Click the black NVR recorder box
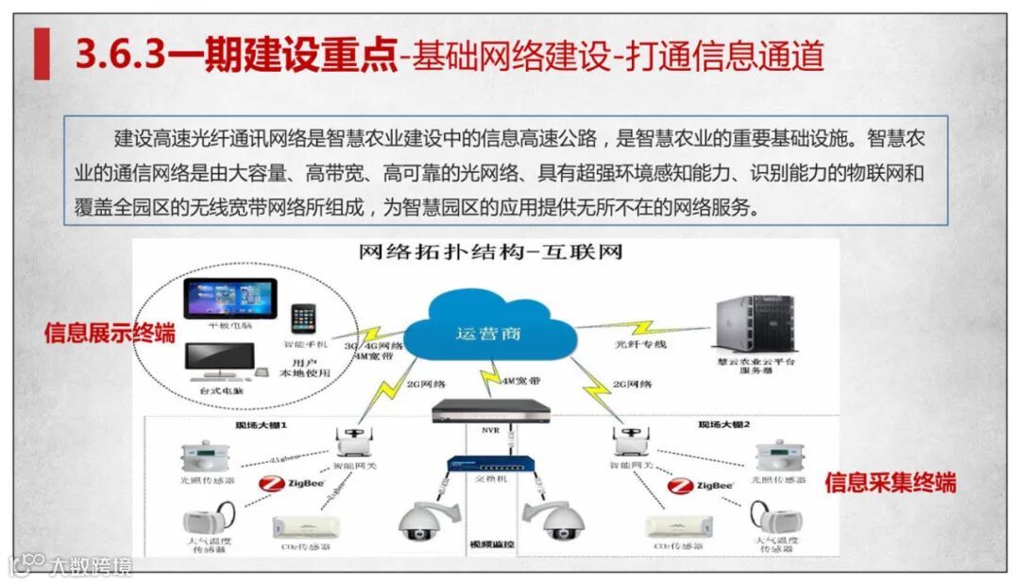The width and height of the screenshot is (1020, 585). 490,411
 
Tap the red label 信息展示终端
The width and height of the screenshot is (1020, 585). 110,333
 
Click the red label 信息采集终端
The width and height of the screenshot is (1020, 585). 890,483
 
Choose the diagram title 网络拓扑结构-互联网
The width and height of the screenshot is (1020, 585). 490,253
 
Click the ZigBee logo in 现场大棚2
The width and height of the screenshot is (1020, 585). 700,486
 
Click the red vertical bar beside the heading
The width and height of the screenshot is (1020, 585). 42,54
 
